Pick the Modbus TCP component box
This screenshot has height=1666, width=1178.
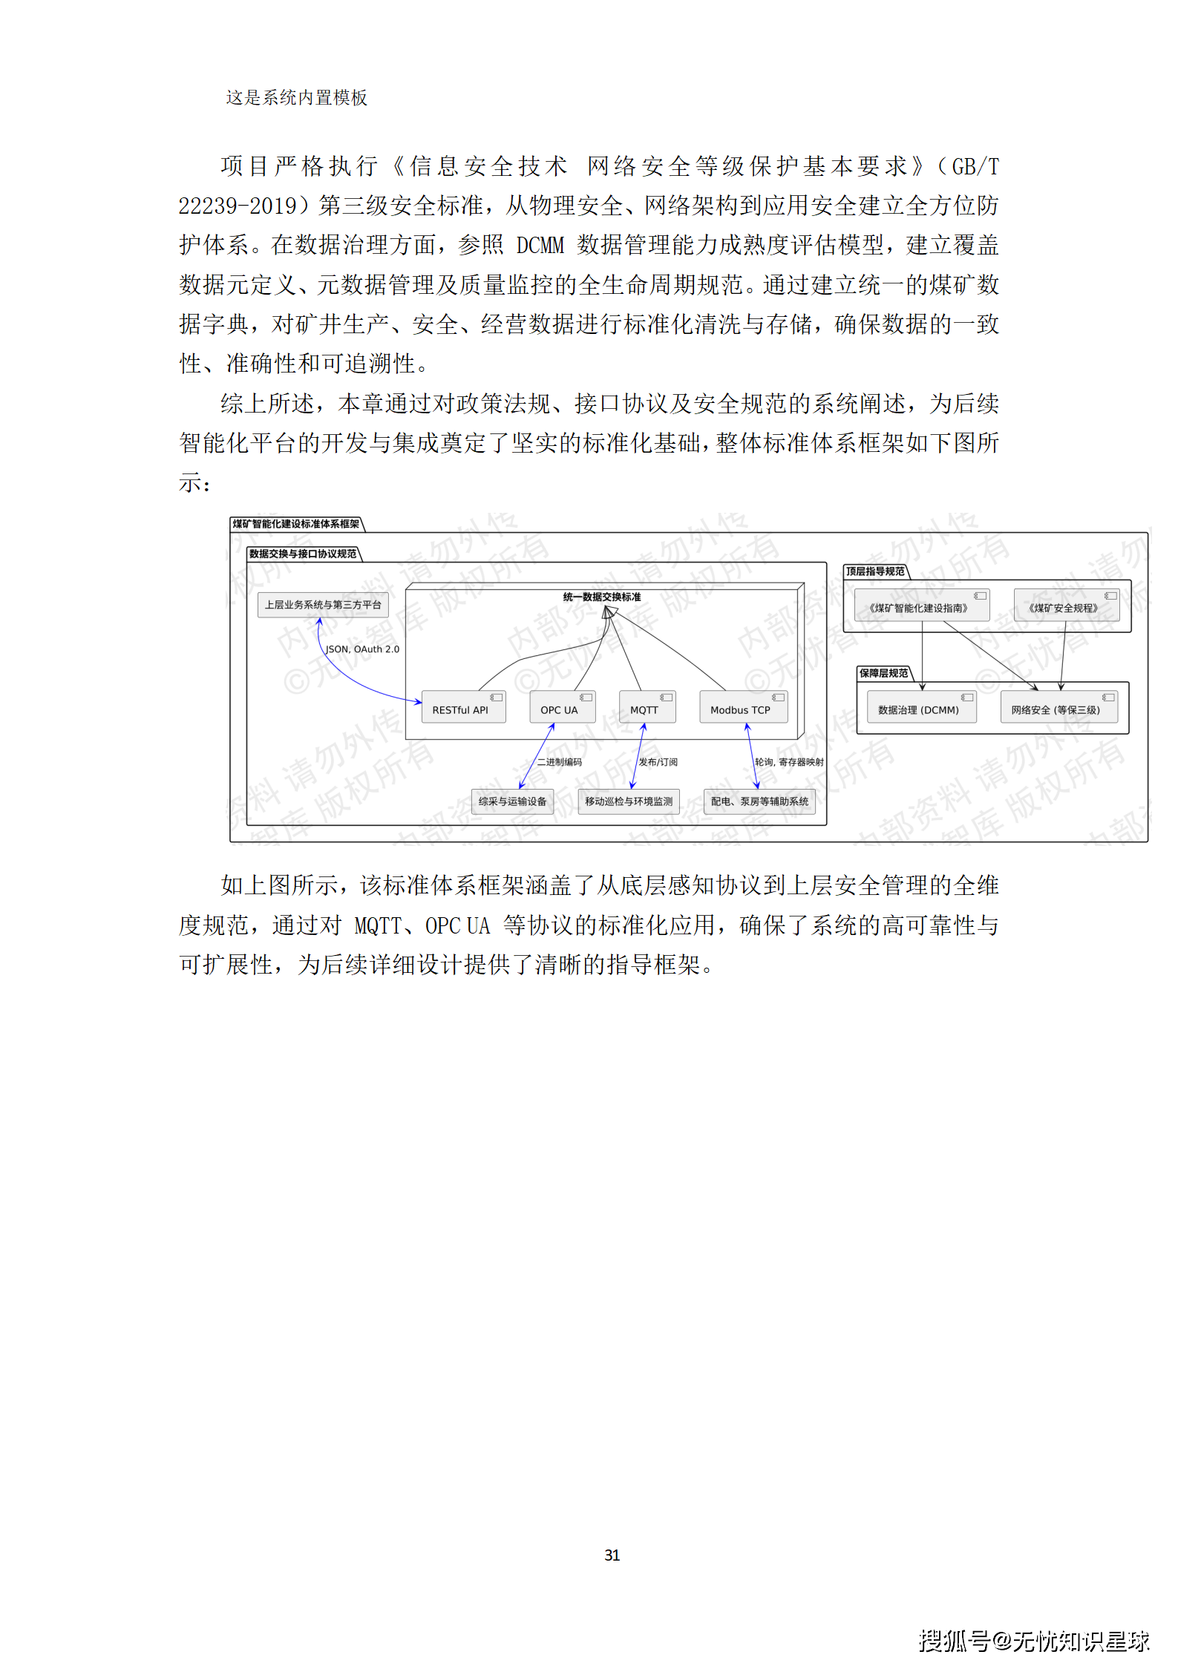(x=743, y=707)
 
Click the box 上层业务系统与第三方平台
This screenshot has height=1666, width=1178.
(x=323, y=605)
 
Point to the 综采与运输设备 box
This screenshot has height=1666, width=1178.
(x=512, y=801)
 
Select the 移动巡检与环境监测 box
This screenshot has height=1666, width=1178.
(x=629, y=801)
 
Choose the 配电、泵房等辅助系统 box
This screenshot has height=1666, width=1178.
(x=759, y=801)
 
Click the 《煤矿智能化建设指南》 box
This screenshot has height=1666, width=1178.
(x=921, y=606)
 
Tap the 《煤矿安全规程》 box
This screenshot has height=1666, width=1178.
(x=1066, y=606)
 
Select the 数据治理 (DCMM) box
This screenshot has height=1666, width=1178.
(x=921, y=708)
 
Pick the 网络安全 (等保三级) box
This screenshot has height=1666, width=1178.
(x=1058, y=708)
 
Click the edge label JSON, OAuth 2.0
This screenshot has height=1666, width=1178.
(x=362, y=649)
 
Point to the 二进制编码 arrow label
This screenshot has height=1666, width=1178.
(x=560, y=762)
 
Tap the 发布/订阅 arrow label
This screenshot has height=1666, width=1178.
(x=658, y=762)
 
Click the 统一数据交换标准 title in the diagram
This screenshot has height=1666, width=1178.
(x=602, y=597)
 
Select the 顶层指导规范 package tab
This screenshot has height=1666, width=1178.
(x=875, y=571)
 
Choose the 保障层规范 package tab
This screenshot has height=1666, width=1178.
(x=883, y=673)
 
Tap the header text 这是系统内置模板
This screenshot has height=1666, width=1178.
(x=296, y=98)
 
